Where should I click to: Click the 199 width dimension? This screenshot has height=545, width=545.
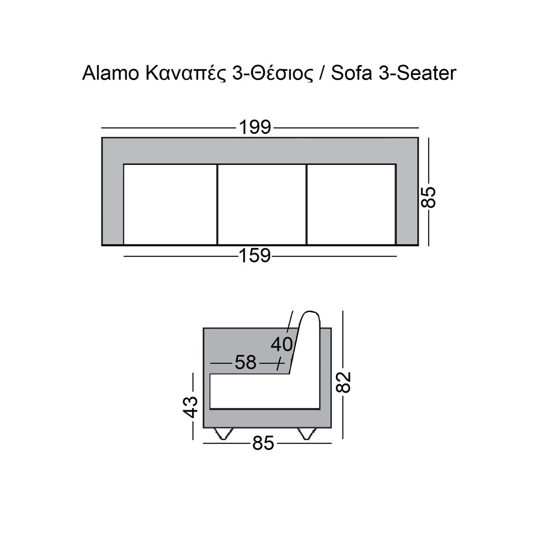[x=255, y=127]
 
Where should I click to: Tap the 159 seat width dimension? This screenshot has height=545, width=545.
[x=255, y=256]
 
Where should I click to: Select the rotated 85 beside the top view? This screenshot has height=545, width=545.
[x=428, y=197]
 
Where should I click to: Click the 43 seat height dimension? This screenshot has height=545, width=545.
[x=190, y=407]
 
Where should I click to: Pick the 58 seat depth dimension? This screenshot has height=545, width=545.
[x=246, y=362]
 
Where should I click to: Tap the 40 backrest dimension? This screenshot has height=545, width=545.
[x=282, y=345]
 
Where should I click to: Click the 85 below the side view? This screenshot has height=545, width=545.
[x=263, y=443]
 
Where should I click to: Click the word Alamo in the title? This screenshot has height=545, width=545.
[x=111, y=73]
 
